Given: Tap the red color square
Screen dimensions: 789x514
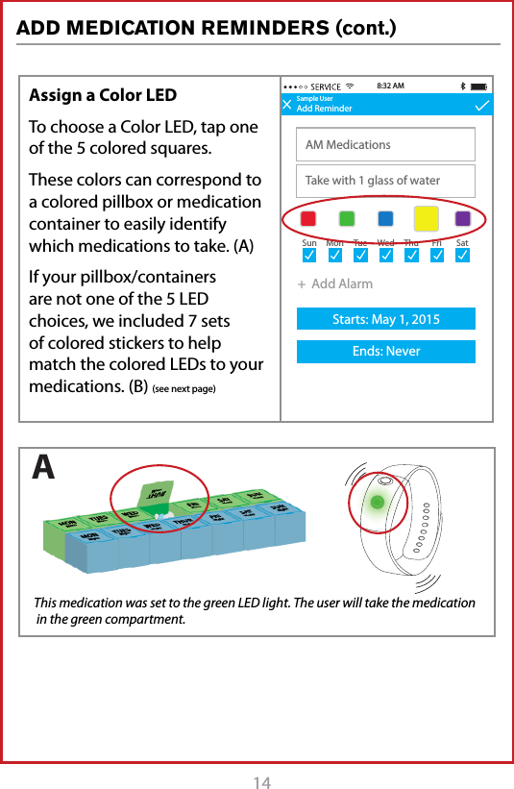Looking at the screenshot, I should pyautogui.click(x=308, y=218).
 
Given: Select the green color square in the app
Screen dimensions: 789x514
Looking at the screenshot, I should pyautogui.click(x=347, y=218).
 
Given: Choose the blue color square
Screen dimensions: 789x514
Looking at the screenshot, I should pyautogui.click(x=385, y=218).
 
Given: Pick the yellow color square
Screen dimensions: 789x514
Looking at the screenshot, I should pyautogui.click(x=426, y=218).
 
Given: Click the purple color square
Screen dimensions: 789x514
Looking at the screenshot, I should pyautogui.click(x=463, y=218).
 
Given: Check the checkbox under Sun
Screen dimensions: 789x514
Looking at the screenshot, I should pyautogui.click(x=309, y=257).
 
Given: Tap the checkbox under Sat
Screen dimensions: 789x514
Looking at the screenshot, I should pyautogui.click(x=462, y=257).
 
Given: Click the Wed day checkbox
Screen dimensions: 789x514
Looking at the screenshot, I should pyautogui.click(x=385, y=257).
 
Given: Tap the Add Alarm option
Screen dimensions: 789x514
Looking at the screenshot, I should pyautogui.click(x=335, y=284).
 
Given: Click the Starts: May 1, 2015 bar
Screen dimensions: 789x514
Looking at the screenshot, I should pyautogui.click(x=385, y=319).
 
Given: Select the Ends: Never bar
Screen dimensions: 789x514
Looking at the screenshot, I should pyautogui.click(x=385, y=352).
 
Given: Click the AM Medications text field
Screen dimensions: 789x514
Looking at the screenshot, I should pyautogui.click(x=385, y=145).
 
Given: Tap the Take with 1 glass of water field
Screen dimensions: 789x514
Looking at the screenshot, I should pyautogui.click(x=385, y=181).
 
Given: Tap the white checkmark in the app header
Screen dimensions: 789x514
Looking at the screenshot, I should pyautogui.click(x=481, y=106).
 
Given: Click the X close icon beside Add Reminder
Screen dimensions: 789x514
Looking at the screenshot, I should pyautogui.click(x=287, y=106).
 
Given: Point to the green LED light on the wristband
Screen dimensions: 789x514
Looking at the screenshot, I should pyautogui.click(x=379, y=502).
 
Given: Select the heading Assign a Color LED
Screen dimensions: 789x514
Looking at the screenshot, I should pyautogui.click(x=103, y=95).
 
